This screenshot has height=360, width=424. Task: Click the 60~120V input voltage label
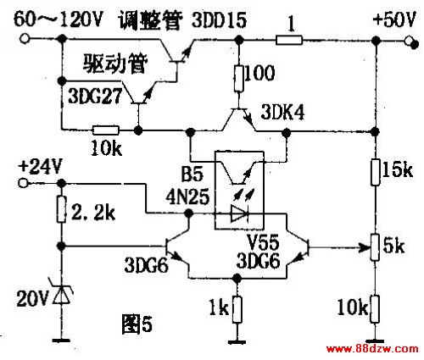[58, 20]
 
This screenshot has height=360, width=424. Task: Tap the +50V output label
[394, 19]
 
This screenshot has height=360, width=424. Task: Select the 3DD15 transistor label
[220, 20]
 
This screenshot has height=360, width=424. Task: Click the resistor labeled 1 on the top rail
[289, 40]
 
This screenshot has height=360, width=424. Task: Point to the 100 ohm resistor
[239, 79]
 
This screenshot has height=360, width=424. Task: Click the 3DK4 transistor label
[282, 113]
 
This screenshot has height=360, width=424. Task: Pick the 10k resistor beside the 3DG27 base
[106, 130]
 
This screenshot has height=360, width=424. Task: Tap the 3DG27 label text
[95, 96]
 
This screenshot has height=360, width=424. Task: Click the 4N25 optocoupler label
[187, 197]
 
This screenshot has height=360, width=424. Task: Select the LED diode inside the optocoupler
[239, 213]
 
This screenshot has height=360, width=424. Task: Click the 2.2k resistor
[62, 209]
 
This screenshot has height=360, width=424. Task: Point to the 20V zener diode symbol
[61, 293]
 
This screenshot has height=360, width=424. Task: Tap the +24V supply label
[40, 167]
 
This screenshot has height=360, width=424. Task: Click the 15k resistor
[375, 172]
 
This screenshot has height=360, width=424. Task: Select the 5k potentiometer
[375, 247]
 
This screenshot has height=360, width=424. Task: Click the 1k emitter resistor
[237, 309]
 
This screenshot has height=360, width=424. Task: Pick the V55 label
[264, 241]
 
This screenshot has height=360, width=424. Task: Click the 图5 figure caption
[137, 324]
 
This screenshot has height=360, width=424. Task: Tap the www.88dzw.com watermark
[372, 349]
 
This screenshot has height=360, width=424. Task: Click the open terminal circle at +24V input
[23, 183]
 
